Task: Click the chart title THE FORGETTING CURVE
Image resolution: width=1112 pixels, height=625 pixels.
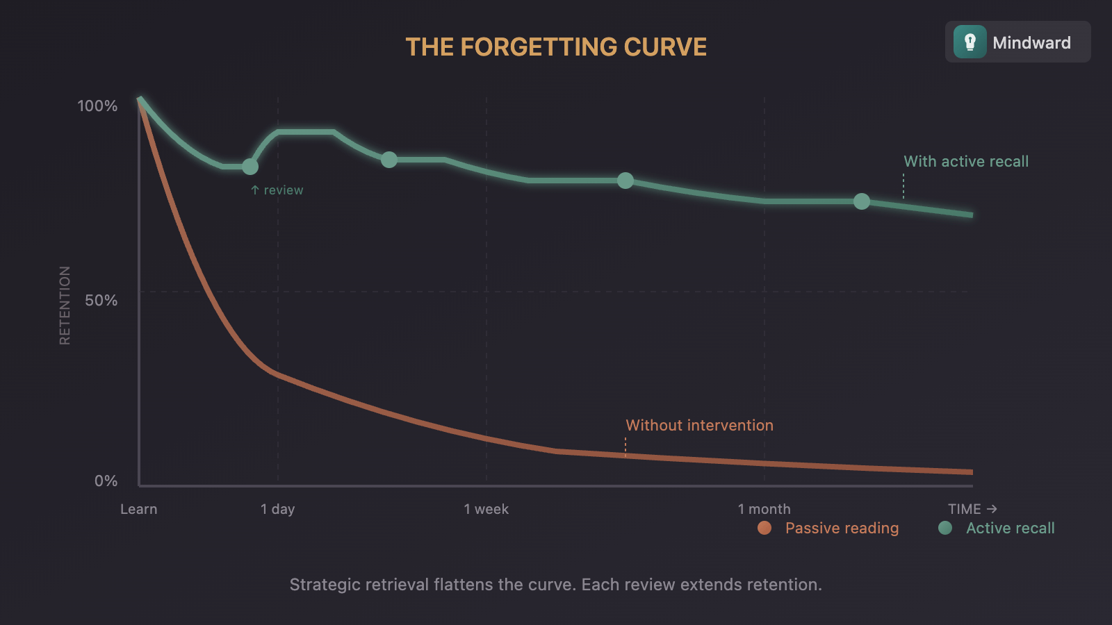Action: (556, 47)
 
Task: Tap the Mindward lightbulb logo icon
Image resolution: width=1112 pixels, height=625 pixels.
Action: (970, 42)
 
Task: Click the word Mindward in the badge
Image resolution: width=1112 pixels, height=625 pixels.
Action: (1031, 43)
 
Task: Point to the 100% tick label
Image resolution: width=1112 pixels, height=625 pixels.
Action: (97, 106)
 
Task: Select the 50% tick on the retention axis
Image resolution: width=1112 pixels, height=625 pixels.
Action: (101, 301)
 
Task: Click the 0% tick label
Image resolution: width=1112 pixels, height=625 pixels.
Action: (106, 481)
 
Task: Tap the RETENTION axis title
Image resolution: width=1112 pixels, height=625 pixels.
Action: (65, 306)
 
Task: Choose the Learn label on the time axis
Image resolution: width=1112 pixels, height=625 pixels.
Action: (139, 509)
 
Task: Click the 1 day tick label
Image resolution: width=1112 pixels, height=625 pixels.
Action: (278, 509)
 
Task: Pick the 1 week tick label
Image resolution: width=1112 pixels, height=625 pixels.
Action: (486, 509)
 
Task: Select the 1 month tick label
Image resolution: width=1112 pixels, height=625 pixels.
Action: (764, 509)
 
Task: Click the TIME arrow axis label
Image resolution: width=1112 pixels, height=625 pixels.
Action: (972, 509)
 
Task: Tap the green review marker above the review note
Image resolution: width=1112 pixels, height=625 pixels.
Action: (250, 167)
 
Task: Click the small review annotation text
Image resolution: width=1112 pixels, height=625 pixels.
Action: (277, 190)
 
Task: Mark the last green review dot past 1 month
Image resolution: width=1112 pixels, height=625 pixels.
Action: (862, 201)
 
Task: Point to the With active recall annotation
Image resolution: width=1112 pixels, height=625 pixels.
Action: (966, 162)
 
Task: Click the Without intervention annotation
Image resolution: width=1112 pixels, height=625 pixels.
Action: (699, 426)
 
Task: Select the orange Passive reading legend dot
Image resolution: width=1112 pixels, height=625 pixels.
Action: (764, 528)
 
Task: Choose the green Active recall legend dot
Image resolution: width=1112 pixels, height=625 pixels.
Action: (945, 528)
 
